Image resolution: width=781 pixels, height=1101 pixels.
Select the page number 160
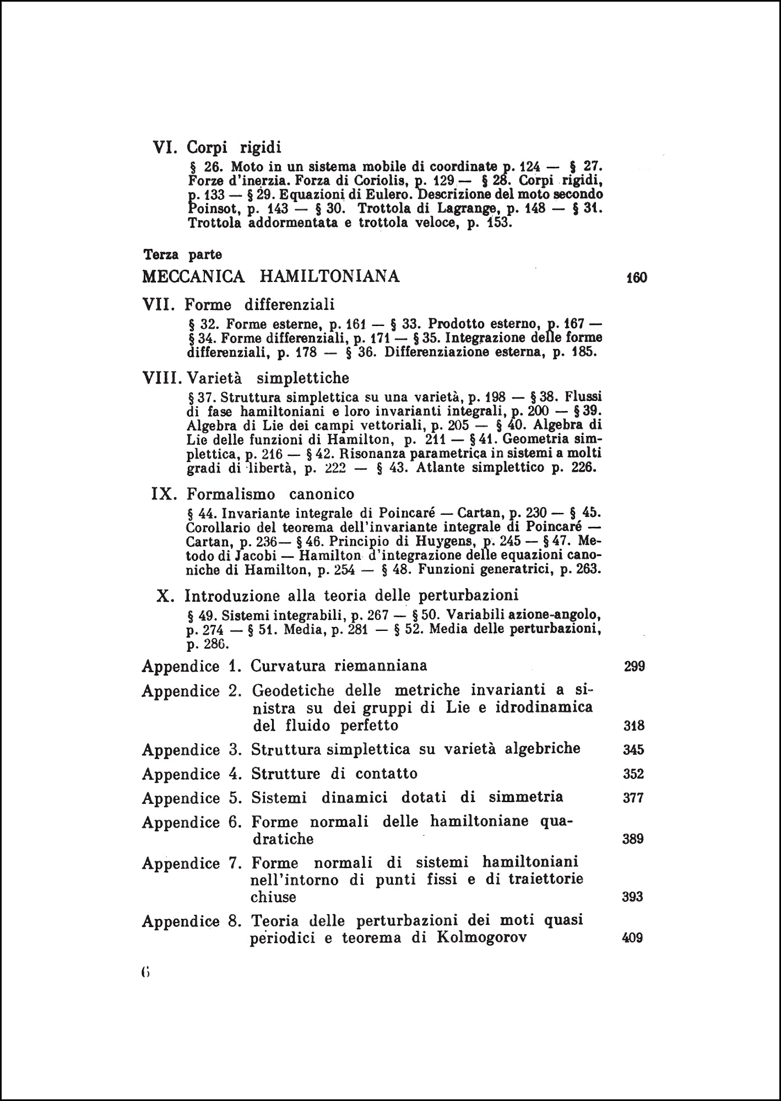coord(636,277)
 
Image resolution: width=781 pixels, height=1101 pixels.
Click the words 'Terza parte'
coord(182,255)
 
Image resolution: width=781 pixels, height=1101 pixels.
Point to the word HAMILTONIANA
coord(329,276)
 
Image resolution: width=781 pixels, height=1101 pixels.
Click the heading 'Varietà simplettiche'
coord(268,378)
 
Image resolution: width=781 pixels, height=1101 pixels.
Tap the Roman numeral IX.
coord(164,493)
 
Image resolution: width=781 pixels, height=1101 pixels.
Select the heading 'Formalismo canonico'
coord(270,493)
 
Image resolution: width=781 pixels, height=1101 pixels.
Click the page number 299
coord(634,667)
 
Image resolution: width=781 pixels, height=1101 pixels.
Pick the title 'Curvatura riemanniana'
coord(339,666)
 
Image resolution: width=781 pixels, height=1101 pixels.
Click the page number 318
coord(634,726)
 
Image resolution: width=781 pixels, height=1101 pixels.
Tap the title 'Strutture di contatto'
coord(334,773)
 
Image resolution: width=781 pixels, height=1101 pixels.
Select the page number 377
coord(633,798)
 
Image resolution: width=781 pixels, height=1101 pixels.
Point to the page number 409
coord(632,938)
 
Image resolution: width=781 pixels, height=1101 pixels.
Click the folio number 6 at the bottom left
coord(145,972)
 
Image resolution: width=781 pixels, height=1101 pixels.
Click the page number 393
coord(632,897)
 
